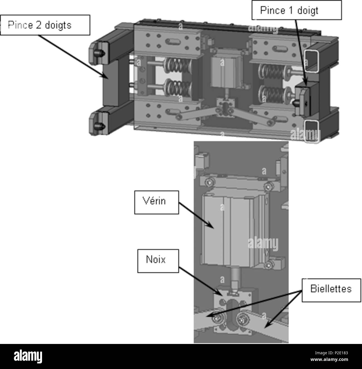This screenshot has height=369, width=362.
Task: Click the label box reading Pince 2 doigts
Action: tap(45, 25)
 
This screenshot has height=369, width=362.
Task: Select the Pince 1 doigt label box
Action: tap(297, 10)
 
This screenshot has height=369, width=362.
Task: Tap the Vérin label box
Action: tap(156, 202)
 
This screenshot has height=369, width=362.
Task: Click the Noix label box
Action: tap(158, 261)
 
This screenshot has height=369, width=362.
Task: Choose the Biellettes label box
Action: tap(331, 290)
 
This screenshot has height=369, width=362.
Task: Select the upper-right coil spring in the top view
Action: tap(272, 72)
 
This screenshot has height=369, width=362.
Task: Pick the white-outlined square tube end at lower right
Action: tap(312, 132)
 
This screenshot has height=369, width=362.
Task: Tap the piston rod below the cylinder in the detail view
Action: tap(235, 279)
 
